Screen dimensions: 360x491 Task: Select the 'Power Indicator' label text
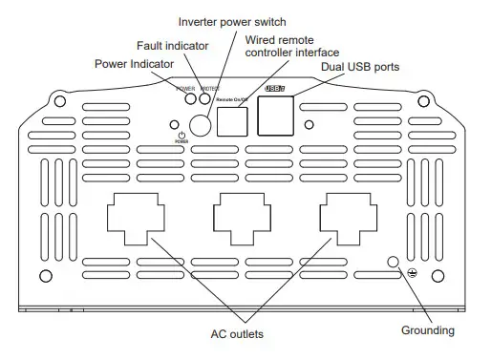click(x=134, y=64)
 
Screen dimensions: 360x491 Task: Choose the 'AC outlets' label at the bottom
click(x=236, y=334)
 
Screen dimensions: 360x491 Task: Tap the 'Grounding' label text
click(x=428, y=330)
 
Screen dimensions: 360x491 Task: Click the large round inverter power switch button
click(x=199, y=124)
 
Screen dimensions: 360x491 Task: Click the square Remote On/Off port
click(x=233, y=120)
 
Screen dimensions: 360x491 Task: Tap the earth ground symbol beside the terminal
click(x=412, y=273)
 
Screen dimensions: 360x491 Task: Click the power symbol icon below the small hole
click(x=179, y=136)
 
